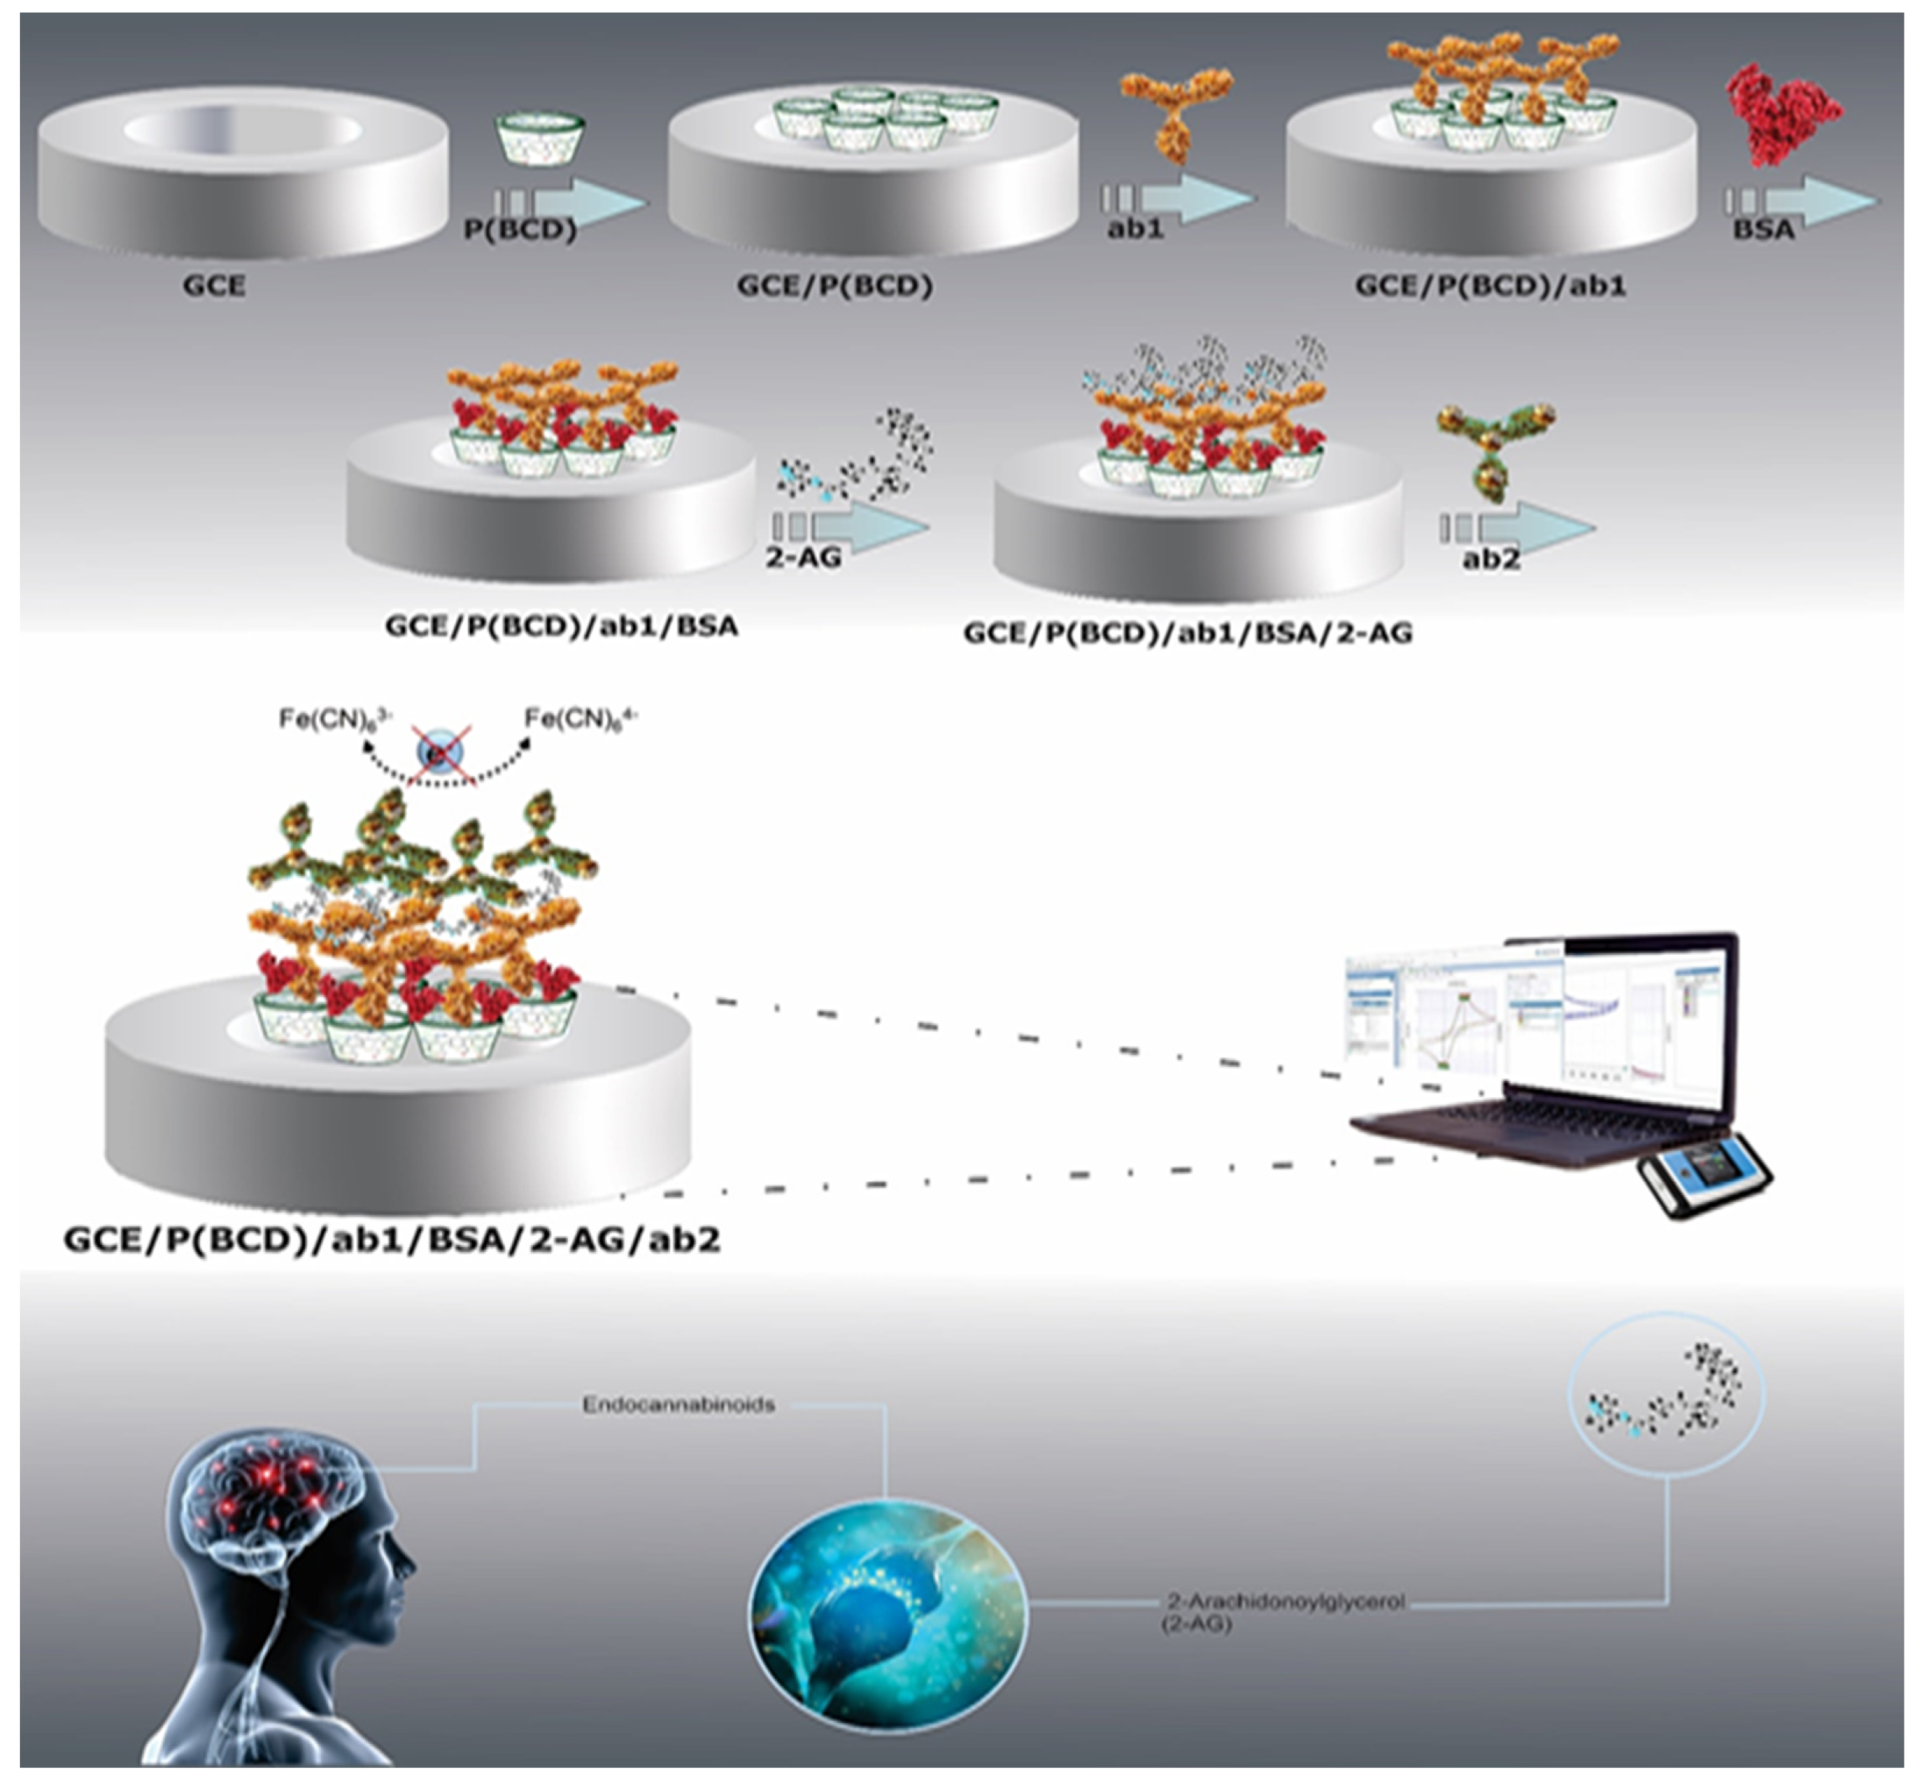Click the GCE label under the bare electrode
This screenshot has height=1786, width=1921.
click(214, 286)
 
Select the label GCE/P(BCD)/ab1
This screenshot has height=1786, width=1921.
click(1490, 286)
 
